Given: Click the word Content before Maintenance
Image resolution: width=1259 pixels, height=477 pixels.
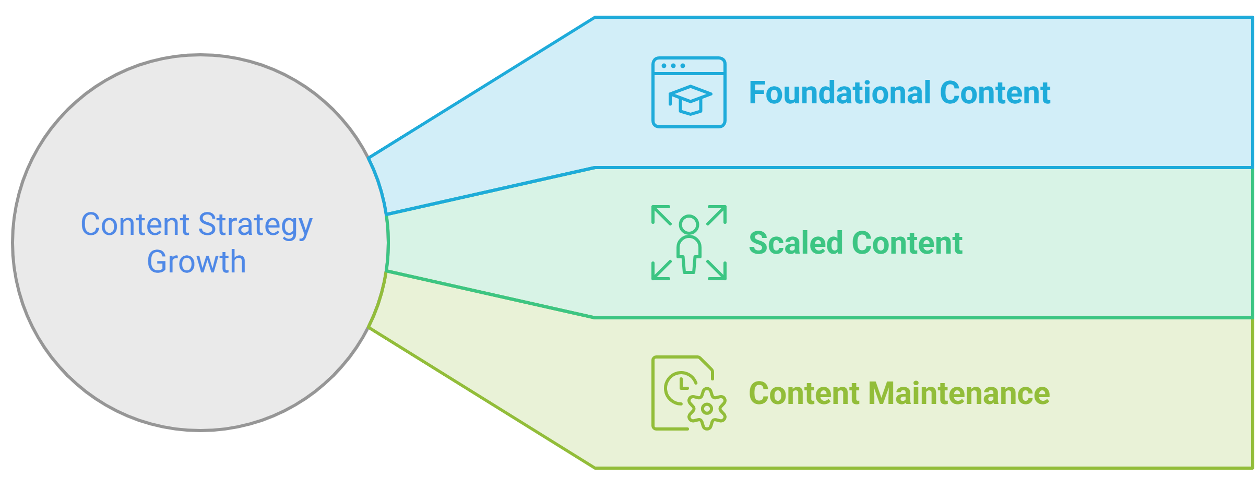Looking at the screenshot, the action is (x=804, y=393).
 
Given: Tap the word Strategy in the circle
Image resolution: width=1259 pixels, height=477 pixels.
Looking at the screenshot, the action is (x=255, y=225).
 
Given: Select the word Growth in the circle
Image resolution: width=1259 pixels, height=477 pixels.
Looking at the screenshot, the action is (x=197, y=261).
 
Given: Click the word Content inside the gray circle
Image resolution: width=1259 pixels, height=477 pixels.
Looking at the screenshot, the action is (x=135, y=224).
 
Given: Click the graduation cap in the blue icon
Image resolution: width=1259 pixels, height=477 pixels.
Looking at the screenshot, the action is (x=690, y=100).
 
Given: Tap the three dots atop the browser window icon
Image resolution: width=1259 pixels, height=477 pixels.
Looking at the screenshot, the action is (x=673, y=66).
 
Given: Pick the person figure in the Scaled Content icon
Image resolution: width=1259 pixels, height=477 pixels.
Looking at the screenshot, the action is (x=689, y=244).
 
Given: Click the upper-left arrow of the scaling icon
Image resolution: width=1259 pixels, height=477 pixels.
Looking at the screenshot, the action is (x=661, y=215).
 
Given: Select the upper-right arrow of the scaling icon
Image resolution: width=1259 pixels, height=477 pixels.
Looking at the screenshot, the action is (x=717, y=215).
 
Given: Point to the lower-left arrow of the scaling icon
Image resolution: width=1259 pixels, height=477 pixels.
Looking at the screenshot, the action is (x=661, y=270).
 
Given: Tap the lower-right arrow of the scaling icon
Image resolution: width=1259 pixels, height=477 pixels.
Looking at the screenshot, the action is (x=717, y=270).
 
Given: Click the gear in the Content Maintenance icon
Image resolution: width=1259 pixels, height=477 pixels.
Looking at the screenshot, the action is (x=707, y=409).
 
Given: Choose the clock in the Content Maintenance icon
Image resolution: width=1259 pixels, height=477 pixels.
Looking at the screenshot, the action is (x=680, y=388).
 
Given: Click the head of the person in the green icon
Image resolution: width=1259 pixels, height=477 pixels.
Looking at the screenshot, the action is (x=689, y=224).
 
